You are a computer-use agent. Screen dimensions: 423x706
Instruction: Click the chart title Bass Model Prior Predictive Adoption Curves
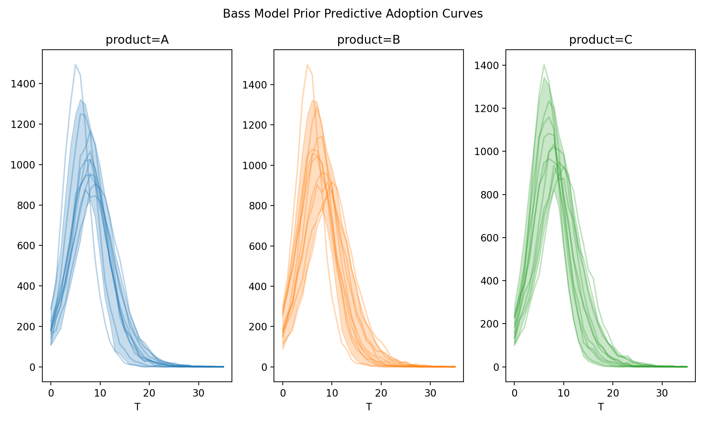tap(353, 14)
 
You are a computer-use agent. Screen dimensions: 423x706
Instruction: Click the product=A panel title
tap(137, 40)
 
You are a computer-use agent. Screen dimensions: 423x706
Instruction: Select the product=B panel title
tap(369, 40)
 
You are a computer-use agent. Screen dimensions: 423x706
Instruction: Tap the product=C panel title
tap(600, 40)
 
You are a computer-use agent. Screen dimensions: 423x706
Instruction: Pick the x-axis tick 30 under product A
tap(199, 393)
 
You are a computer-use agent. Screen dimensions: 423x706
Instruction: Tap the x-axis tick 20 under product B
tap(381, 393)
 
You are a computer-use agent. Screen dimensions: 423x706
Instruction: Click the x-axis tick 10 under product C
tap(564, 393)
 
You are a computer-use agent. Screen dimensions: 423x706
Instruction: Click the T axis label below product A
tap(137, 407)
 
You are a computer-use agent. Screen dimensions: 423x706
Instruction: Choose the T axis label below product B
tap(369, 407)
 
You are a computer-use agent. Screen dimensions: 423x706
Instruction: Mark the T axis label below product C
tap(600, 407)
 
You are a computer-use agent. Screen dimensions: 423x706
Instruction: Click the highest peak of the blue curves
tap(76, 65)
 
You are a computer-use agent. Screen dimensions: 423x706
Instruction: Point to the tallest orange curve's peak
tap(307, 65)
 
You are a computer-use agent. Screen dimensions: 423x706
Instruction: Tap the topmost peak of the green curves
tap(544, 65)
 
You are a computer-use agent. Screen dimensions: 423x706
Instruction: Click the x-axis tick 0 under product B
tap(283, 393)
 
